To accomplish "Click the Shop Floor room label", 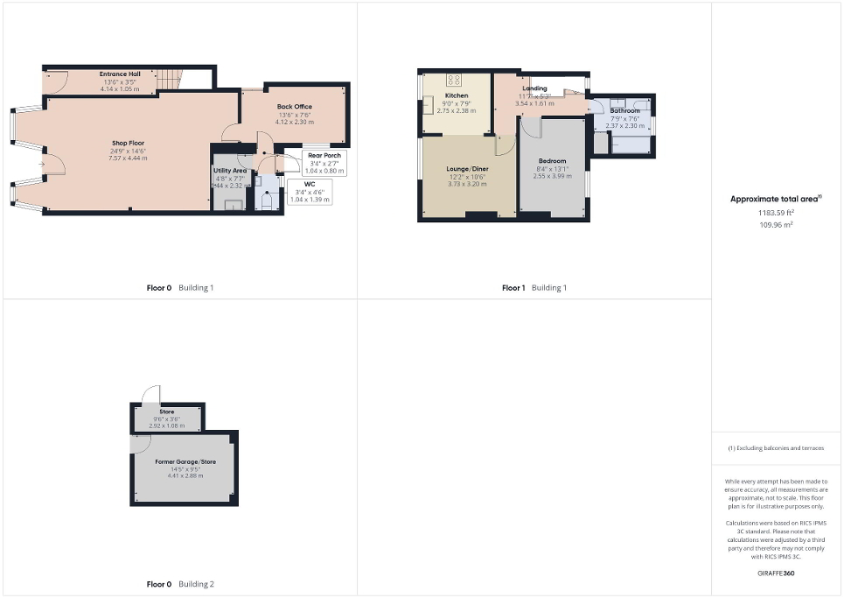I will coord(128,143).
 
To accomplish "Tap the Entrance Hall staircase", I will coord(169,81).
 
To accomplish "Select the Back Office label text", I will coord(294,107).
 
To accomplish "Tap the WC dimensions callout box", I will coord(309,192).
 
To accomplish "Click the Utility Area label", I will coord(229,171).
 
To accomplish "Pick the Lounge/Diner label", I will coord(467,168).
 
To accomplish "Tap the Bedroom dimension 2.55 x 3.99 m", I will coord(552,175).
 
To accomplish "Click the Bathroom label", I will coord(624,111).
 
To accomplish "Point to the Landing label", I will coord(534,88).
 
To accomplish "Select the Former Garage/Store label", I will coord(185,461).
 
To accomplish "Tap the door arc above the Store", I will coord(150,394).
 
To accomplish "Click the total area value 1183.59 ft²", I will coord(776,213).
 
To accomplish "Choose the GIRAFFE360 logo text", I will coord(776,573).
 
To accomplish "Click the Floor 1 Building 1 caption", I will coord(534,288).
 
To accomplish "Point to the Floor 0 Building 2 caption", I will coord(179,584).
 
